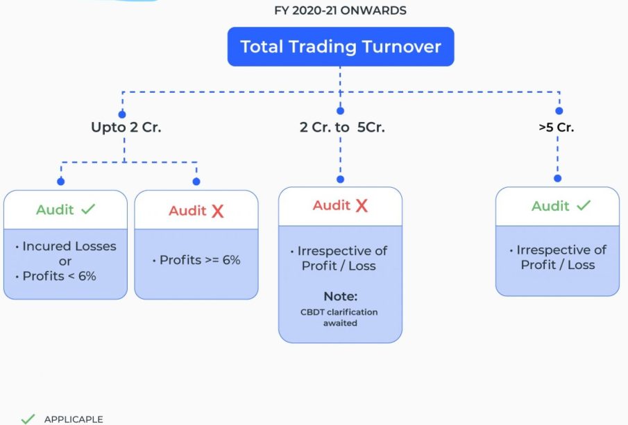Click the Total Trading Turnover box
[x=340, y=47]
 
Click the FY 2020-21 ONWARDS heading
[x=340, y=10]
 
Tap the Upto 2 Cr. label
[x=126, y=128]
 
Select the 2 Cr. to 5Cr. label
[x=342, y=128]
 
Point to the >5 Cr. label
[x=557, y=128]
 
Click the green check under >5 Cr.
[x=584, y=206]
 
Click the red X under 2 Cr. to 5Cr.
[x=361, y=206]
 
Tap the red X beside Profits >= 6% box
[x=217, y=211]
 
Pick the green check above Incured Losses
[x=88, y=209]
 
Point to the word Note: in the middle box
[x=340, y=296]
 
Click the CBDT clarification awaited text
[x=340, y=317]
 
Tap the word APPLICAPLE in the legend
[x=74, y=419]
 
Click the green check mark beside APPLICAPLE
[x=28, y=419]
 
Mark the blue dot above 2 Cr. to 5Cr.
[x=340, y=111]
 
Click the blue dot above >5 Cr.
[x=559, y=111]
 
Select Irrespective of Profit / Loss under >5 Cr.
[x=558, y=257]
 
